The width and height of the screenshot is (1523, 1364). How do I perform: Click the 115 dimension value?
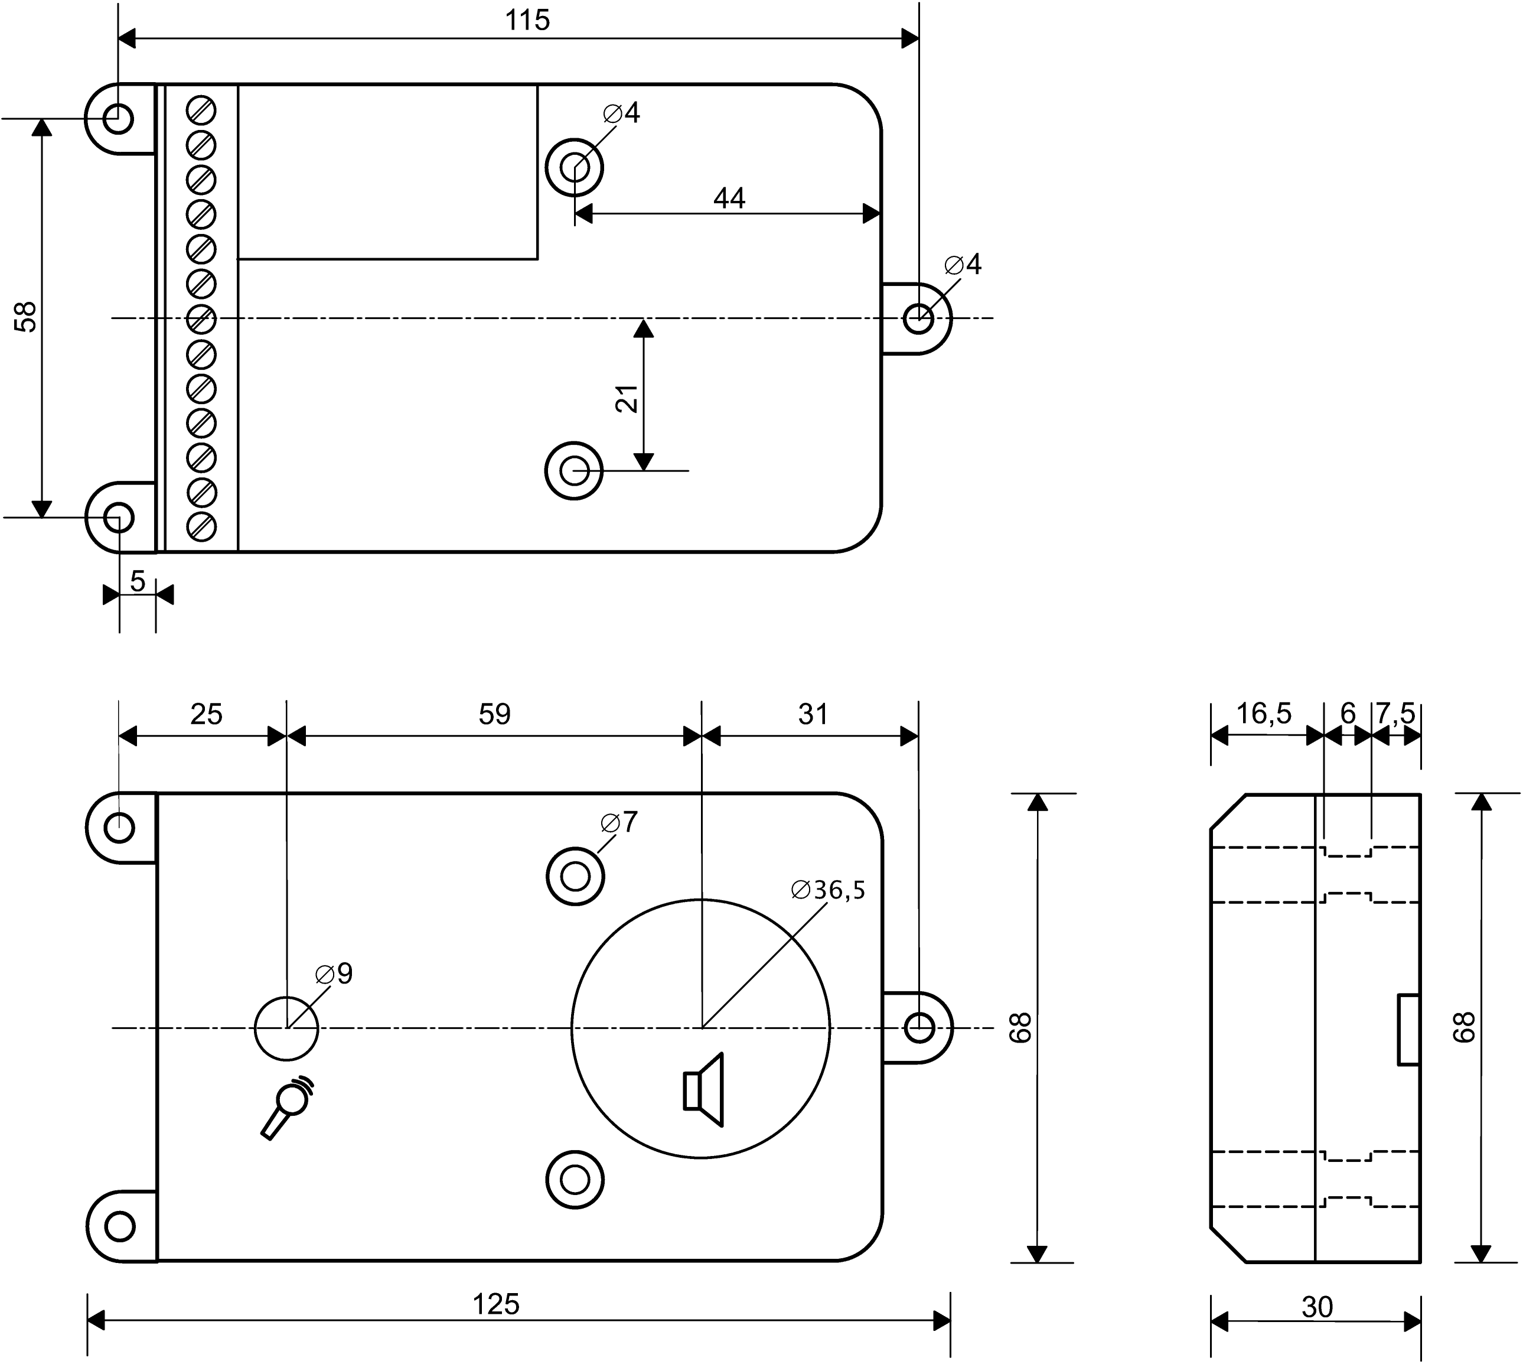(527, 20)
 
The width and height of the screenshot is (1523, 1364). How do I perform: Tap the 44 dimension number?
(729, 198)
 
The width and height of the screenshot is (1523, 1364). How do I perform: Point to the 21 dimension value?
(627, 399)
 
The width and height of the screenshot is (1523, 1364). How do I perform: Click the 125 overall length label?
(496, 1305)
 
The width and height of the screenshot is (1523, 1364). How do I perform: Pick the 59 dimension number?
(494, 714)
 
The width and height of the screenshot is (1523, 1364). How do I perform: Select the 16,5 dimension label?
(1264, 714)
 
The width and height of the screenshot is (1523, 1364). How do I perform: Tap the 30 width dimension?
(1317, 1307)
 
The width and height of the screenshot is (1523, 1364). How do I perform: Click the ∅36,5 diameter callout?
(828, 890)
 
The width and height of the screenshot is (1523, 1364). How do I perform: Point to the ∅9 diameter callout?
(334, 974)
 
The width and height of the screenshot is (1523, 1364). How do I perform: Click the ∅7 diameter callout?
(619, 822)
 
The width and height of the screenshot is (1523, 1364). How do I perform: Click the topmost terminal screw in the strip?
(201, 110)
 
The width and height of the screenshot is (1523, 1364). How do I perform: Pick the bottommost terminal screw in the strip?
(201, 526)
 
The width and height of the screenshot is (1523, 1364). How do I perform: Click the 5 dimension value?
(138, 581)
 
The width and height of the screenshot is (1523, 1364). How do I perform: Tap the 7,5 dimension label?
(1395, 714)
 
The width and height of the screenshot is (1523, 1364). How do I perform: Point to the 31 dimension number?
(813, 714)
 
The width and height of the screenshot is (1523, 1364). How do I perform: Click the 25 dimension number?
(206, 714)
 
